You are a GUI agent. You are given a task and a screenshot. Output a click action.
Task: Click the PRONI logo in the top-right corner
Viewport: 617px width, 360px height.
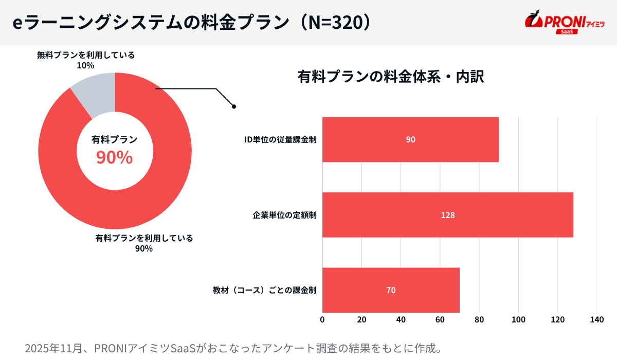coord(564,23)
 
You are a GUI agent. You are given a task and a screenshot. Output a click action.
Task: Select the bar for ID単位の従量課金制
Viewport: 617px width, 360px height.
coord(410,140)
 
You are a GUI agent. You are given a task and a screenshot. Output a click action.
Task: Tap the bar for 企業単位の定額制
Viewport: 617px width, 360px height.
coord(447,215)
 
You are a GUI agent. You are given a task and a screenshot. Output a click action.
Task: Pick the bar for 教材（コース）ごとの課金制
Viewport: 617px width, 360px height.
coord(391,290)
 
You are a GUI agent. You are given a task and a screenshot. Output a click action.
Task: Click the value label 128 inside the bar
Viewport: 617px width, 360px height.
coord(447,215)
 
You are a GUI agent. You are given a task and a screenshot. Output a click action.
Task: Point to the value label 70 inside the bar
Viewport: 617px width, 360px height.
coord(391,290)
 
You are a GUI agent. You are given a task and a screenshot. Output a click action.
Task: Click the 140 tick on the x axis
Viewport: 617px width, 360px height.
coord(596,320)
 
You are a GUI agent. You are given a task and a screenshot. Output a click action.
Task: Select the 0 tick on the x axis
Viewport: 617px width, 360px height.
coord(322,320)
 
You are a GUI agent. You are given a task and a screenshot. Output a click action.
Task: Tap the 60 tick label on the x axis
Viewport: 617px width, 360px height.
coord(440,320)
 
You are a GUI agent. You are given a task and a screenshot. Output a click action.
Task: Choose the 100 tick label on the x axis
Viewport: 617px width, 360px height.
coord(518,320)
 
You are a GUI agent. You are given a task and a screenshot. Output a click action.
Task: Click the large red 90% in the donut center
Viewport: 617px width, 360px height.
coord(115,158)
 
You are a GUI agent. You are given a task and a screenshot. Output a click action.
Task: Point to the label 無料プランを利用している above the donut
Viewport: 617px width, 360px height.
coord(86,55)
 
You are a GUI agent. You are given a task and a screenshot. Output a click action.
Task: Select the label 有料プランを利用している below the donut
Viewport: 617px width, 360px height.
coord(144,238)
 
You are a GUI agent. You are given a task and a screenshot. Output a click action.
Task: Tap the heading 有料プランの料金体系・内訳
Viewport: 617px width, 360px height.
coord(391,77)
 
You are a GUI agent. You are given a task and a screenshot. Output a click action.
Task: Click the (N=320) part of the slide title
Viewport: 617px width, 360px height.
coord(334,23)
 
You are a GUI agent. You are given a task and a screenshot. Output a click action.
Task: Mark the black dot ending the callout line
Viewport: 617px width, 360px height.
coord(234,106)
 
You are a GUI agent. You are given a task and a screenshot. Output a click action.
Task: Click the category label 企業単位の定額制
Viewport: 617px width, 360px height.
coord(284,215)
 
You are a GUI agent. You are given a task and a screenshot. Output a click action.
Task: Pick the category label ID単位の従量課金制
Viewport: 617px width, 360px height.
coord(280,140)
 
